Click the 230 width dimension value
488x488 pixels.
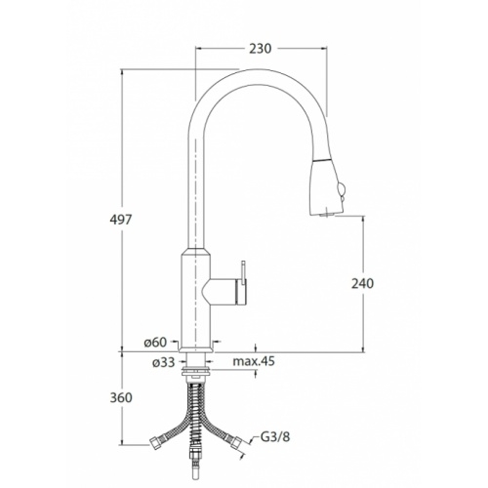[x=260, y=49]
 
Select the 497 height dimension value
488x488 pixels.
[x=121, y=220]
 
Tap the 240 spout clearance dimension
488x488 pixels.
[x=362, y=283]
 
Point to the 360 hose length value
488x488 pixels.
[x=121, y=397]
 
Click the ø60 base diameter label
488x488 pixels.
[x=155, y=343]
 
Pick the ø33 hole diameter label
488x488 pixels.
[x=164, y=362]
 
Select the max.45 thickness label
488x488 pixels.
[x=254, y=361]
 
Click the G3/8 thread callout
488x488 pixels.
[x=275, y=436]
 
